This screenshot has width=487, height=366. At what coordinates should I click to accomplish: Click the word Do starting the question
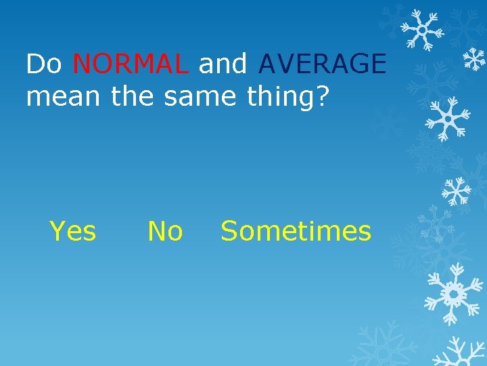[x=44, y=64]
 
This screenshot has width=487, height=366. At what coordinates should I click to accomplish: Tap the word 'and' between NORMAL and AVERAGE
[x=223, y=64]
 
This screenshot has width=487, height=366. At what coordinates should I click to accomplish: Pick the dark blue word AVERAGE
[x=322, y=64]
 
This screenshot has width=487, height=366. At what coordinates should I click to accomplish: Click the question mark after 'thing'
[x=322, y=96]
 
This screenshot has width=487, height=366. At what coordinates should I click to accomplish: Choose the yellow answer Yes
[x=73, y=231]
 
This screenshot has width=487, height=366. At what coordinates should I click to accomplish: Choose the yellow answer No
[x=165, y=231]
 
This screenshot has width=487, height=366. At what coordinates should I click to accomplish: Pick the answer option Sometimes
[x=296, y=231]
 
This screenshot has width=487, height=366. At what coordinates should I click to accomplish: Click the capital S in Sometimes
[x=230, y=231]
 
